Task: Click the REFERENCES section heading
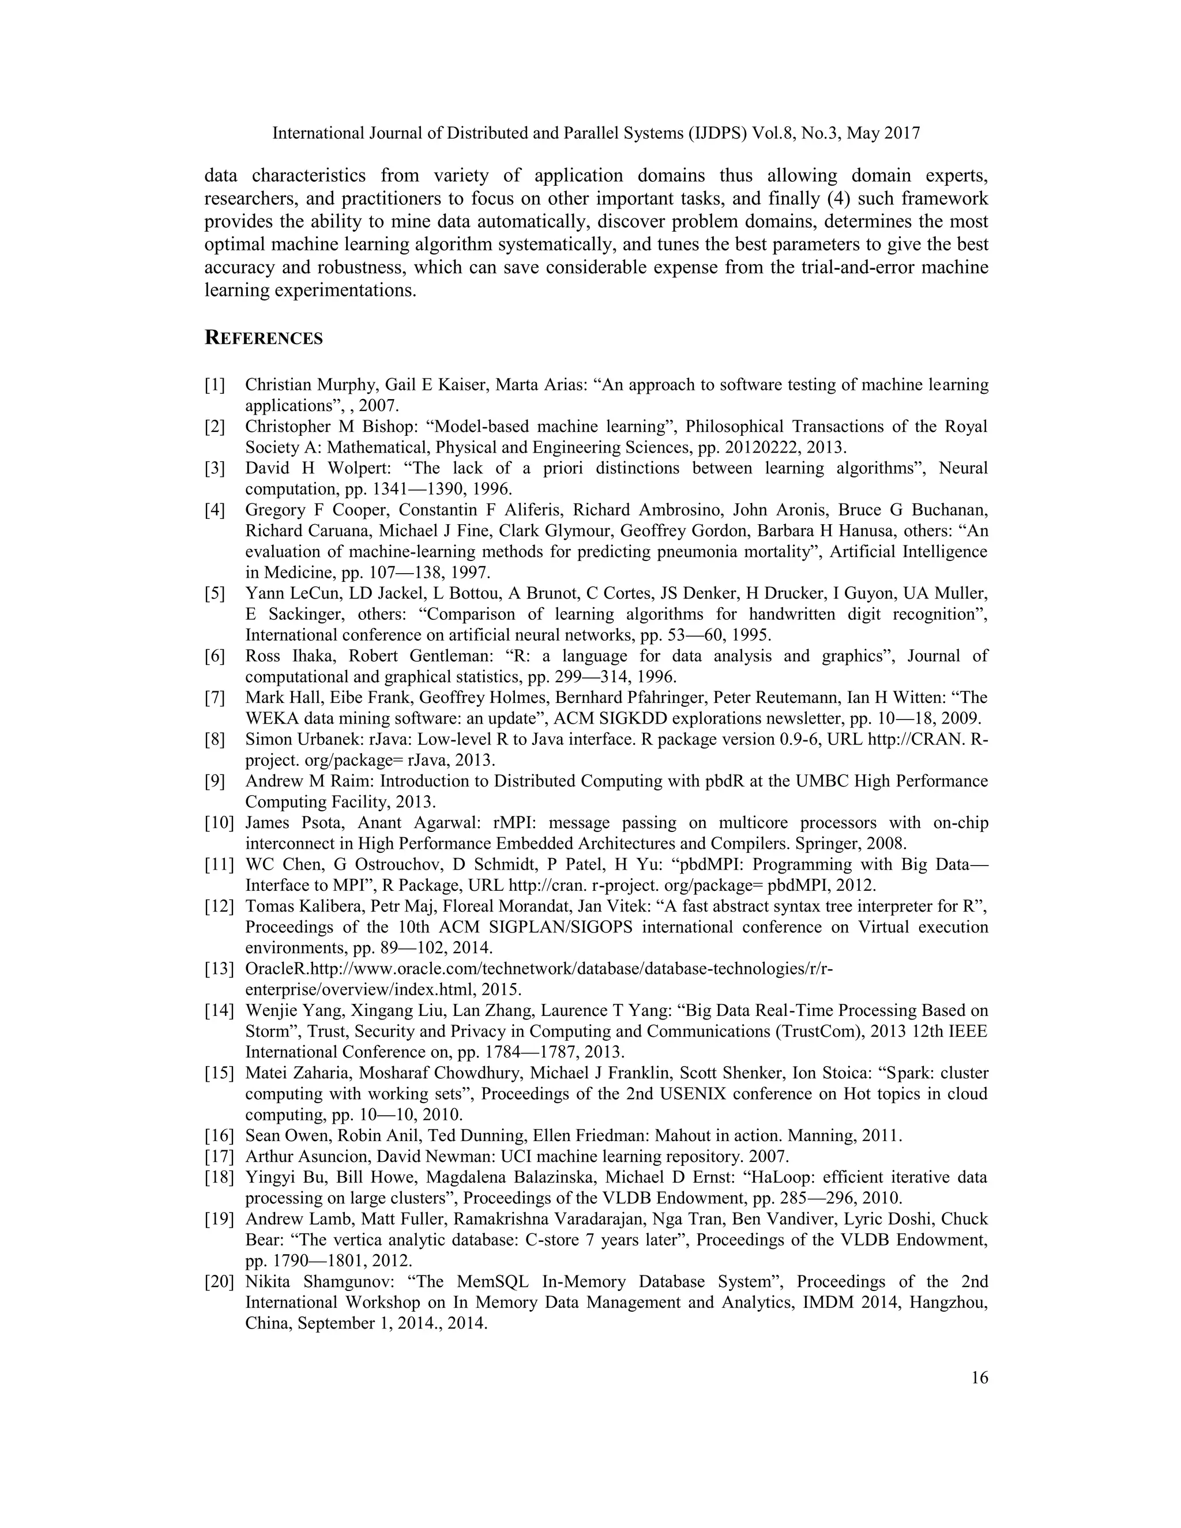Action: point(263,338)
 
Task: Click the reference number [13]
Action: point(219,969)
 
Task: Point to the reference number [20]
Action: point(219,1282)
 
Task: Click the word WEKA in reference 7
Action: point(269,718)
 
